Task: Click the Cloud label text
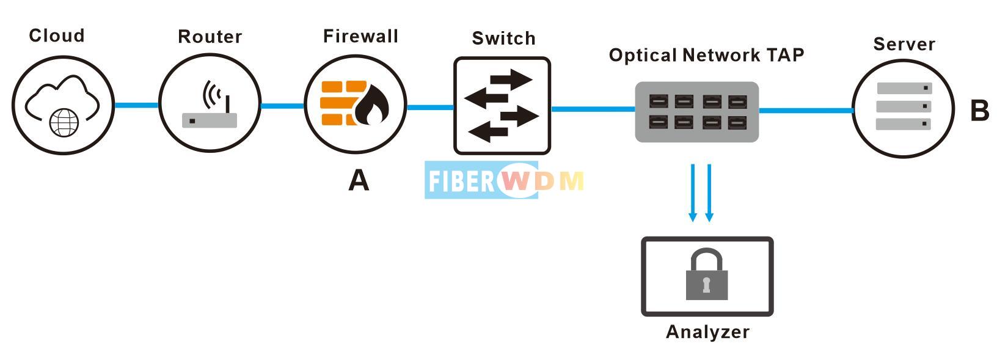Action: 57,35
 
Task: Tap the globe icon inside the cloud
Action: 64,122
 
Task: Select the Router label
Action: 210,37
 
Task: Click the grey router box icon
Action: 210,120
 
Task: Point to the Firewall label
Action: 360,36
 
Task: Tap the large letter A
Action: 359,180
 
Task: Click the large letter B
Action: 979,111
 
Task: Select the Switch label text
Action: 503,39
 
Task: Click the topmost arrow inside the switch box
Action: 511,79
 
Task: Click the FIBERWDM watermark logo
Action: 505,180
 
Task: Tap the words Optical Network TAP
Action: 706,55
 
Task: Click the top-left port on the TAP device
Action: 659,101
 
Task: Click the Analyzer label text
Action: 707,332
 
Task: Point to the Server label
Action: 904,44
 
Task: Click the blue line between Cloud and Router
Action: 136,105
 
